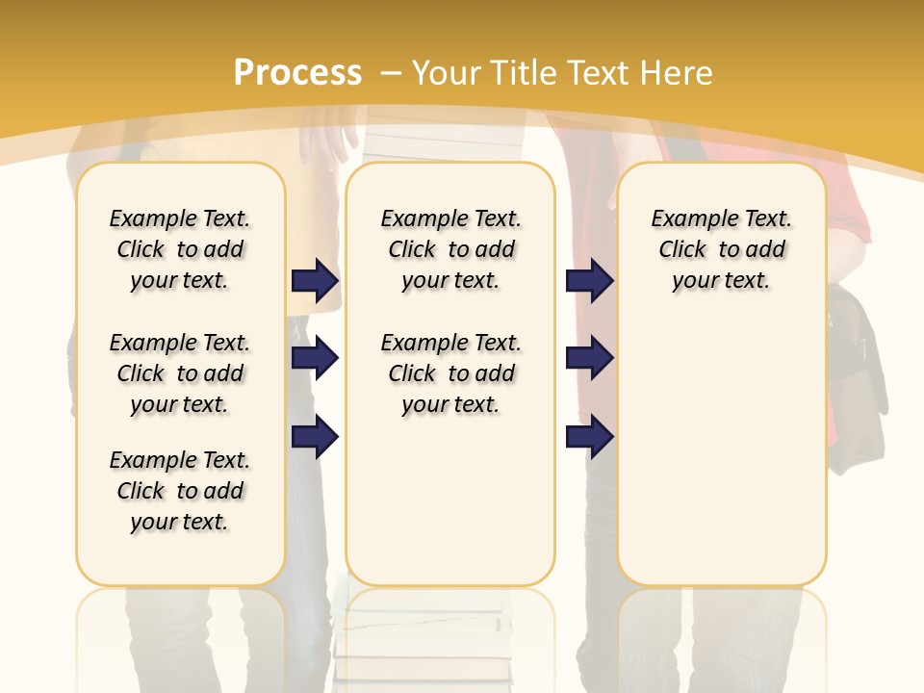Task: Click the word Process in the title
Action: tap(297, 73)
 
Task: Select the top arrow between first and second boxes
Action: tap(315, 281)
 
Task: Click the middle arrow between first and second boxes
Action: tap(315, 359)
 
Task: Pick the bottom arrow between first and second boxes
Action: tap(315, 437)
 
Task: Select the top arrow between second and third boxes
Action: tap(589, 281)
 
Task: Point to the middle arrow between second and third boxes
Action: tap(589, 359)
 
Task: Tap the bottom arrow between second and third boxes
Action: tap(589, 437)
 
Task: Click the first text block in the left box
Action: tap(180, 249)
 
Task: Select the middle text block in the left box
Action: tap(180, 373)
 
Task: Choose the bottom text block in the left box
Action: tap(180, 491)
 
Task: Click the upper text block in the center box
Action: tap(450, 249)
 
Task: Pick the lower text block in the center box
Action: tap(450, 373)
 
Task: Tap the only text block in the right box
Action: tap(721, 249)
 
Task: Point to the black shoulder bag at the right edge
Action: tap(857, 385)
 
